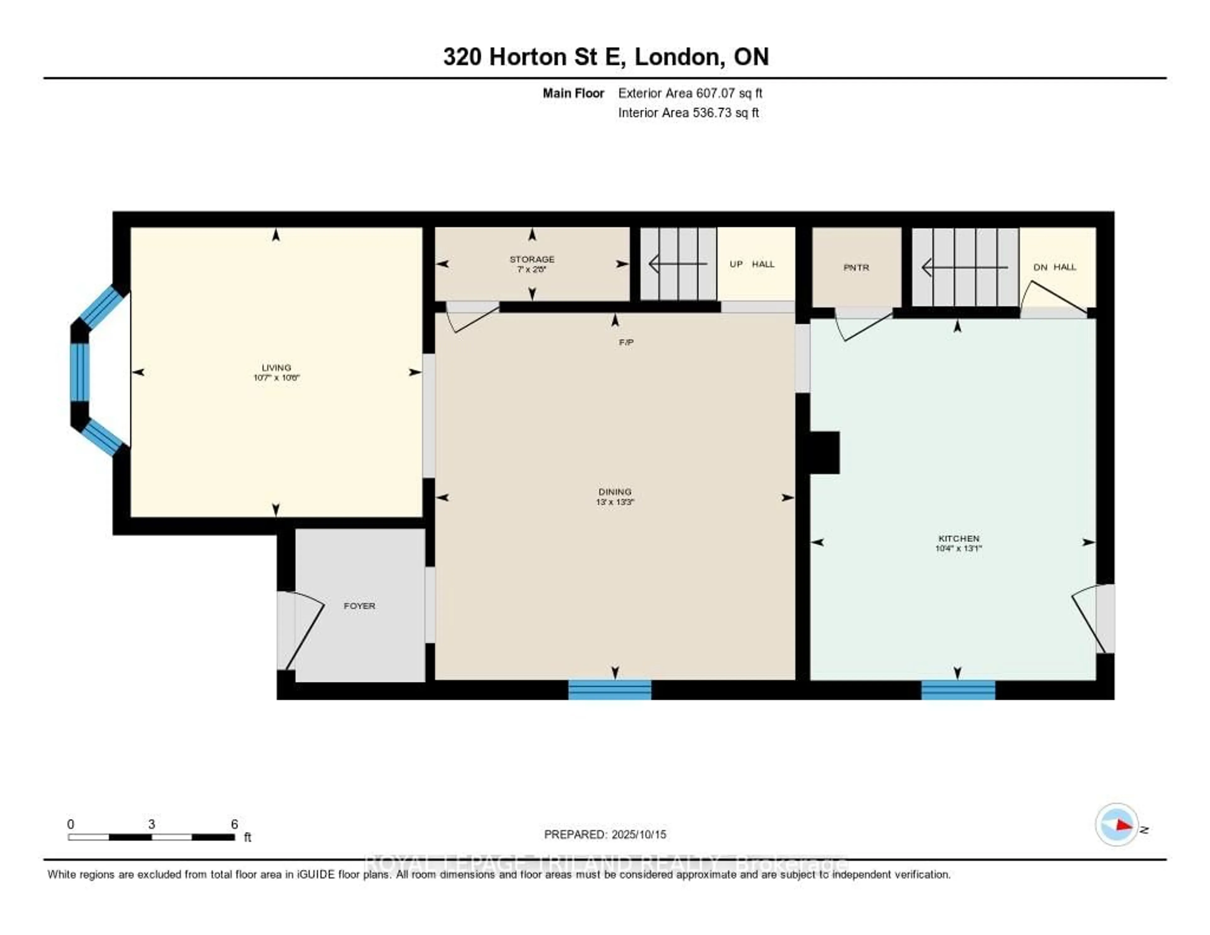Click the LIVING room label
[276, 368]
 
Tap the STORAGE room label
[532, 259]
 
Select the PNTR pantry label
[856, 267]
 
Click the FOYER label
[359, 606]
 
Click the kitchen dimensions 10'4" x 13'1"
[959, 548]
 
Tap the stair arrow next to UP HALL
[677, 264]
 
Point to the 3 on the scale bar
[151, 824]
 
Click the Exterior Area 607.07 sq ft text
[690, 93]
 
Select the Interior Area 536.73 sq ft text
[688, 113]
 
